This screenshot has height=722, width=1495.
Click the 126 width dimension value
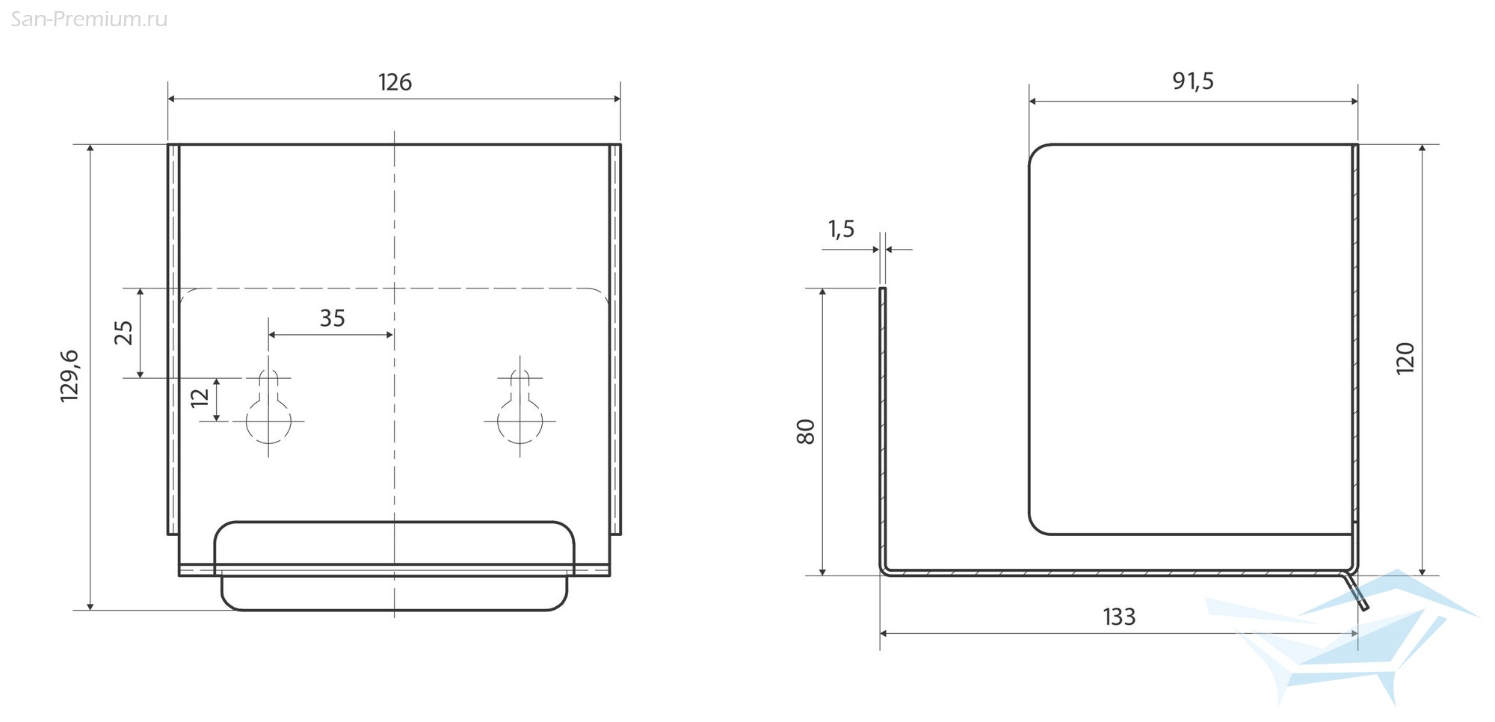click(395, 81)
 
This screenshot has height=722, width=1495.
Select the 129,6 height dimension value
click(70, 376)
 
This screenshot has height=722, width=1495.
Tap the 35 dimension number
click(333, 318)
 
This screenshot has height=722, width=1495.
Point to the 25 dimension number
click(124, 333)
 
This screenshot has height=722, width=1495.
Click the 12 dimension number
click(200, 398)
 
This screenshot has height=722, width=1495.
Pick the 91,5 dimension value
click(1193, 81)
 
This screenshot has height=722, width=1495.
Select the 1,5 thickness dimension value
click(841, 229)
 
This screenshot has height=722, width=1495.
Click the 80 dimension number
click(806, 432)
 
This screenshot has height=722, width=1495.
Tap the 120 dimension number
click(1405, 358)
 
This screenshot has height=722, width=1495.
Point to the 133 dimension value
click(1119, 617)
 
